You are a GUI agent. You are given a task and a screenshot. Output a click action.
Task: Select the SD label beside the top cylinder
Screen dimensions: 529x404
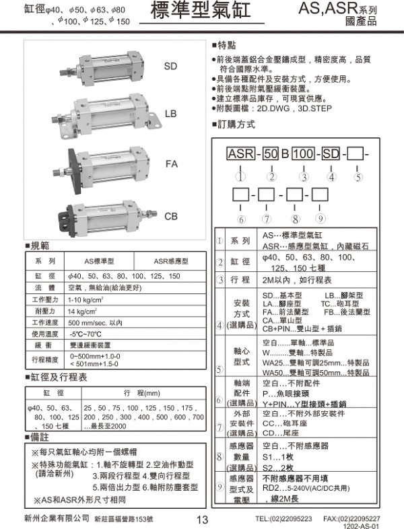click(x=171, y=67)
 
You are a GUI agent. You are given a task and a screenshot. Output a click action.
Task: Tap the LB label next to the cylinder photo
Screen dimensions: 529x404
click(x=171, y=114)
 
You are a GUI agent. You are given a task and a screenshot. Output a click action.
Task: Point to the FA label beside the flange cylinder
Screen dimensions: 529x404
click(x=172, y=164)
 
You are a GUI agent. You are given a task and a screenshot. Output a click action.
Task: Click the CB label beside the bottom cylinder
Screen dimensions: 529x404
click(x=171, y=216)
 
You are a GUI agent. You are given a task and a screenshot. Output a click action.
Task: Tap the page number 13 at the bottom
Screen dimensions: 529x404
click(x=202, y=520)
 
